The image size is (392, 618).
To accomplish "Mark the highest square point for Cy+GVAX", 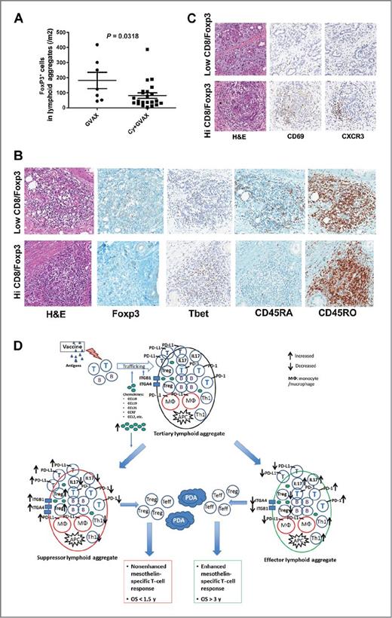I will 147,50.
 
